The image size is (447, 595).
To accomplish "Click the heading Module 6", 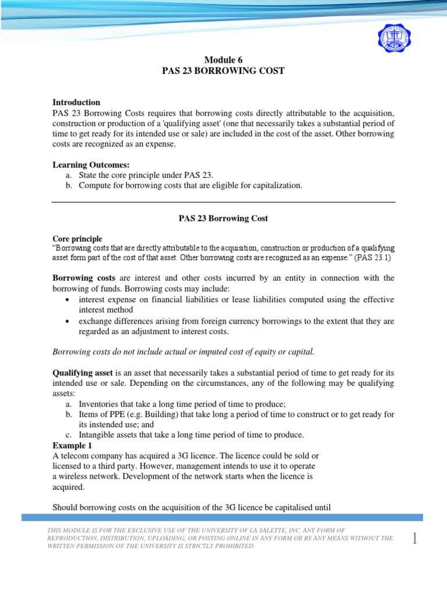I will [x=223, y=60].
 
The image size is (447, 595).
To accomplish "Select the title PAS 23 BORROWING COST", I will [x=223, y=71].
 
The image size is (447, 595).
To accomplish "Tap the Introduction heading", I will [x=76, y=102].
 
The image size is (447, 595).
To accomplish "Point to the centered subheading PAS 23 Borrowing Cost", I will [x=223, y=218].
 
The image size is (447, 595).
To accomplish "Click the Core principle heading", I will [x=77, y=239].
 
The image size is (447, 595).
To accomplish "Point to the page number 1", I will [x=414, y=539].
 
